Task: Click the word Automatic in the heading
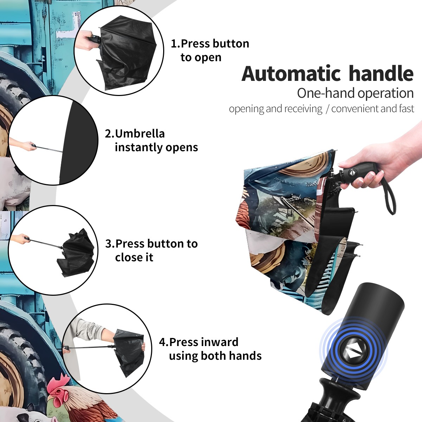(291, 73)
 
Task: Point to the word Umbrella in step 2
(140, 134)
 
